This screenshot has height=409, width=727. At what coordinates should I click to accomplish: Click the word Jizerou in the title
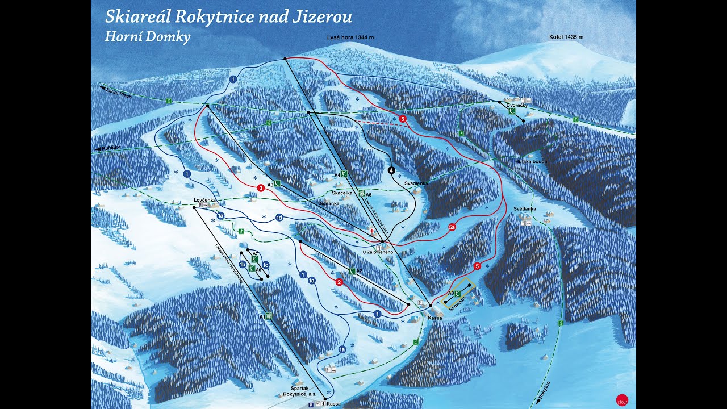pos(321,16)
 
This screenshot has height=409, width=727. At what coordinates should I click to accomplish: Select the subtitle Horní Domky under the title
pos(148,37)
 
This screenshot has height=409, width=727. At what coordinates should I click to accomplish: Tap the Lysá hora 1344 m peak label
pos(350,37)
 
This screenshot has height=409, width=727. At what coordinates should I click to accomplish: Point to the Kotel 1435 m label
pos(566,37)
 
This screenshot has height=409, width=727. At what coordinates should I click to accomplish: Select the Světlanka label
pos(525,209)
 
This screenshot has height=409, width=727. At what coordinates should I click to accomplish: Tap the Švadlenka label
pos(416,183)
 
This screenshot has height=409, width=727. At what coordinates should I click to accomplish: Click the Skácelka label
pos(342,193)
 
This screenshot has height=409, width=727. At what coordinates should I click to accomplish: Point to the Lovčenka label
pos(204,200)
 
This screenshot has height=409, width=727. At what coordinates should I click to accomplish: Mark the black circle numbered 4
pos(391,170)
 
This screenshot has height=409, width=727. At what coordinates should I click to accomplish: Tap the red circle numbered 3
pos(261,188)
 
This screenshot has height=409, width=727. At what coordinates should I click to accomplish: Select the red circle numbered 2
pos(339,282)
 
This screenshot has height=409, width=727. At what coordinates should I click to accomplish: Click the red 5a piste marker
pos(452,227)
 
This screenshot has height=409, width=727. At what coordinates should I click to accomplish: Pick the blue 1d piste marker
pos(279,218)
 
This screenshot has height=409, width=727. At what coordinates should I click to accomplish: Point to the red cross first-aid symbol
pos(372,231)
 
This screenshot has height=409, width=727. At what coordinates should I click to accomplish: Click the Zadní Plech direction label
pos(118,93)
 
